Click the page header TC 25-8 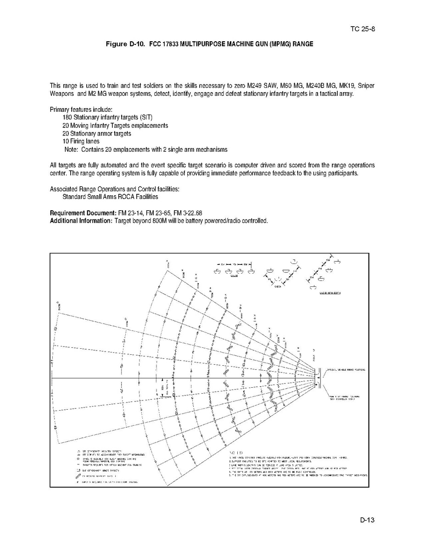(363, 30)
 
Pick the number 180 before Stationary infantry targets (67, 117)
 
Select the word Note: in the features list (72, 149)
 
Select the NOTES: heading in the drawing (236, 452)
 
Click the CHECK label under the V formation (278, 286)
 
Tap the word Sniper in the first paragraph (366, 86)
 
